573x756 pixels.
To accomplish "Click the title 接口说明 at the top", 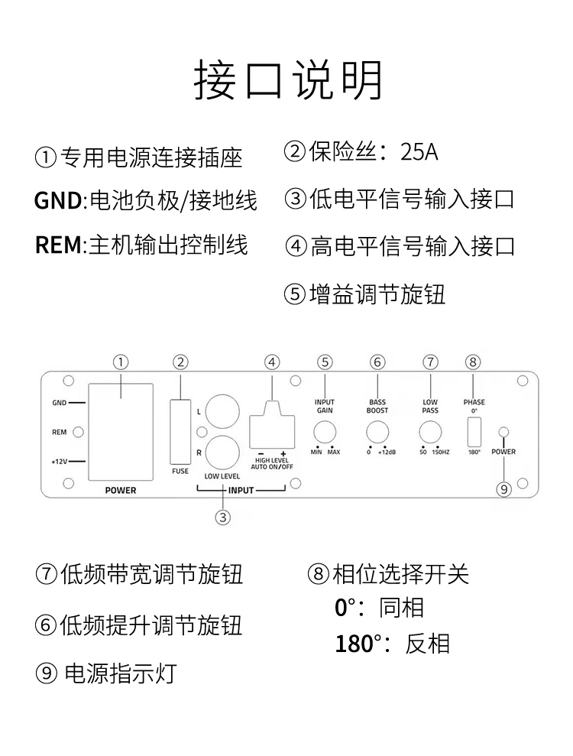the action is tap(288, 80).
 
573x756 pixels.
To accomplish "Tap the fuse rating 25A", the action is tap(419, 152).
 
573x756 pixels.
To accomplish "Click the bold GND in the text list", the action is tap(58, 200).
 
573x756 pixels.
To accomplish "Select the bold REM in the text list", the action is tap(58, 245).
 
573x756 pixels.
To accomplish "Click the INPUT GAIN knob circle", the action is tap(325, 432).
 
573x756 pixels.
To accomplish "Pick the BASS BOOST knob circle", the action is tap(377, 432).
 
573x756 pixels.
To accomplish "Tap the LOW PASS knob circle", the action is tap(430, 432).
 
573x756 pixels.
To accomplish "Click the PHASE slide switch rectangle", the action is tap(474, 432).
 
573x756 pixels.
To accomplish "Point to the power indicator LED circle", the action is tap(503, 432).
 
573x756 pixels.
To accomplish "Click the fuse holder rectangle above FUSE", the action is tap(180, 432).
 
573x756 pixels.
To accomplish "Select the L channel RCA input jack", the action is tap(222, 412).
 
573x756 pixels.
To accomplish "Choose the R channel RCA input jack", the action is tap(222, 453).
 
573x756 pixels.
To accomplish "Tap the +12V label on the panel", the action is tap(60, 462).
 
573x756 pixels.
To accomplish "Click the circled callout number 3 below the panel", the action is tap(222, 518).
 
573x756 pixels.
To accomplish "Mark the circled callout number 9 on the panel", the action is tap(503, 489).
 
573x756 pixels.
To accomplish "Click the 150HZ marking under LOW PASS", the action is tap(441, 453).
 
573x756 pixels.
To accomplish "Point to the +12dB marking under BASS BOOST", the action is tap(387, 453).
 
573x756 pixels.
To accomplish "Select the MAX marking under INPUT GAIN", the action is tap(334, 453).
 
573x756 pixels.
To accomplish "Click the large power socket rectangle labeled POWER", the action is tap(121, 432).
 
